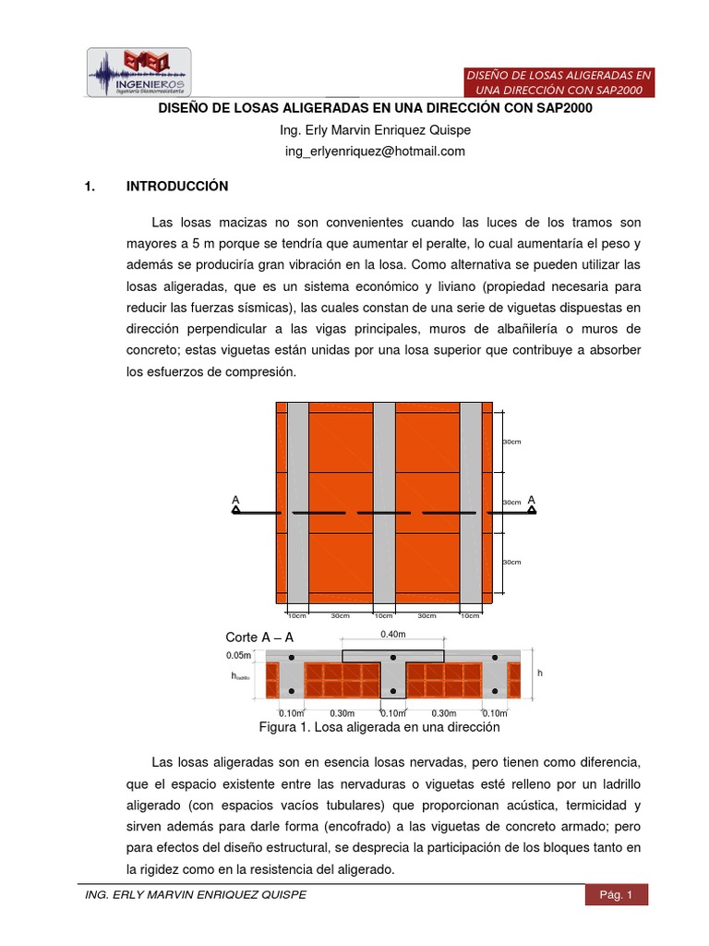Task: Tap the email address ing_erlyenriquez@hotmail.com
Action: (374, 151)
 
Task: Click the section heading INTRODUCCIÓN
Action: (177, 187)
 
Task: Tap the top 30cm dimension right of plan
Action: (511, 443)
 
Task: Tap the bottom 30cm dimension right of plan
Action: (511, 562)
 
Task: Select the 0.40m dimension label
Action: (392, 635)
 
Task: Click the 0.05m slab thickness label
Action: (238, 655)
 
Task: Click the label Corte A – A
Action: (259, 637)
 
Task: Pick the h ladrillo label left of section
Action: (241, 676)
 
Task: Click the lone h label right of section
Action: (540, 673)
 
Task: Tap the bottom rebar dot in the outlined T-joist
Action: (393, 691)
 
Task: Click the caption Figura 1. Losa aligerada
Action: (379, 727)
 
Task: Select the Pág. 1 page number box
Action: (616, 894)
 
